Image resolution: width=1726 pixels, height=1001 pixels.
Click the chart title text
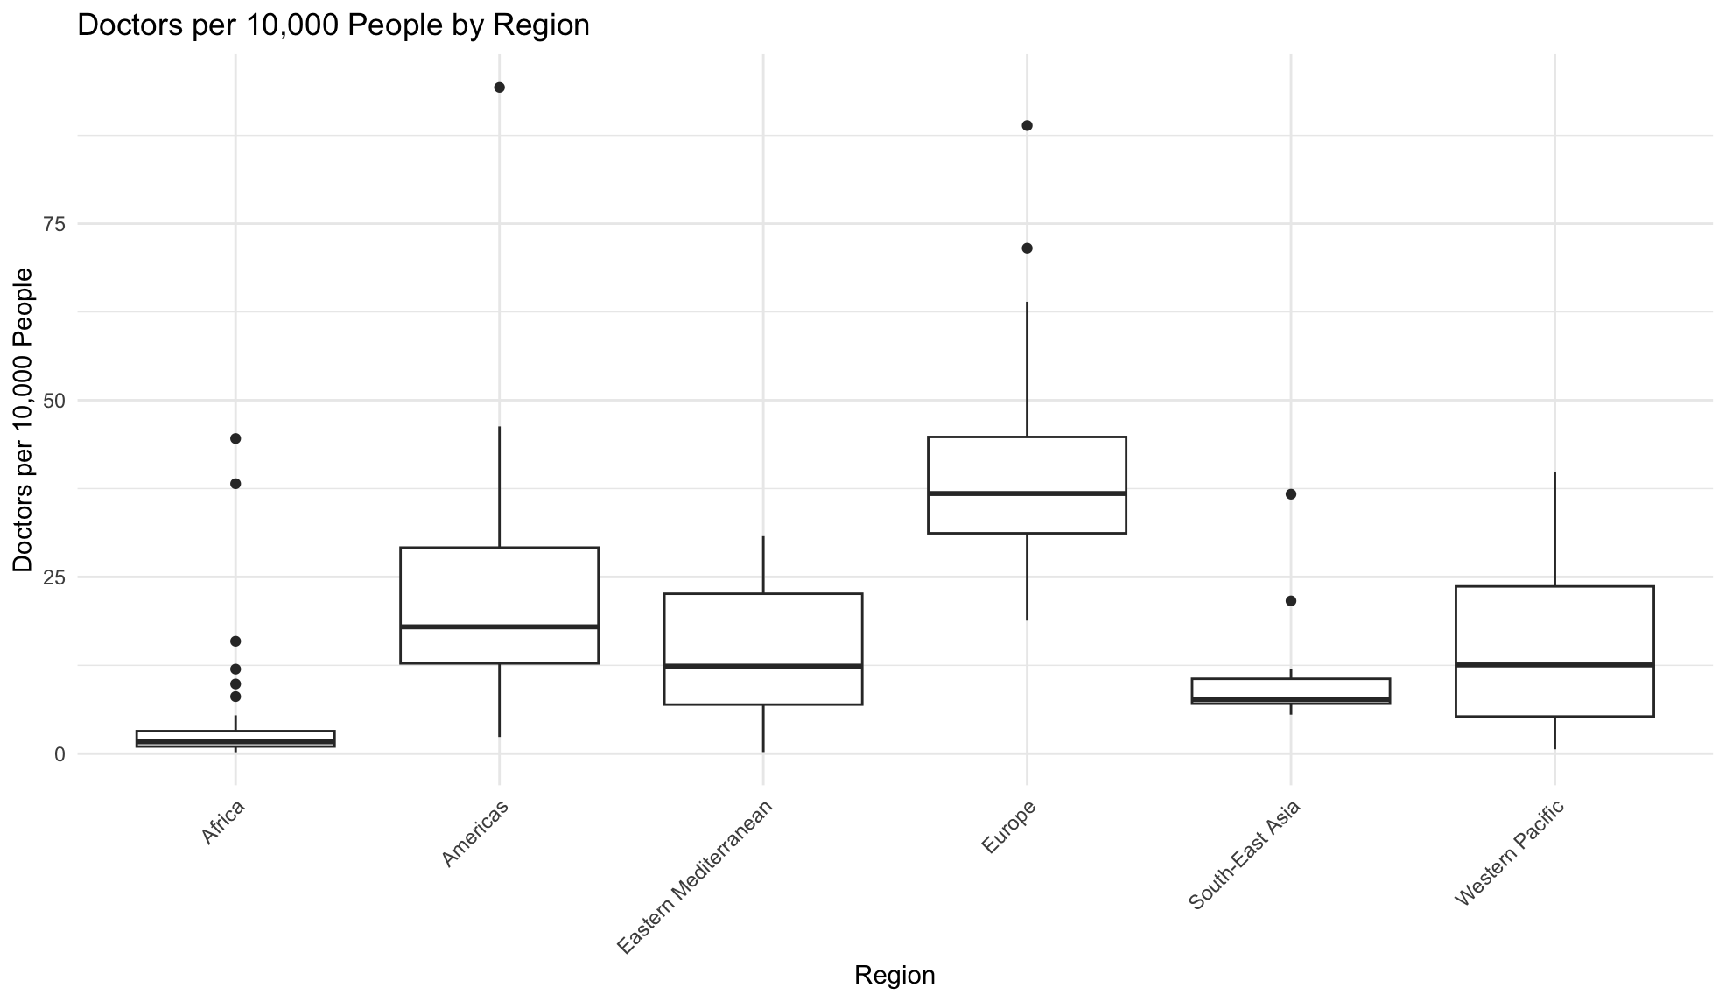click(333, 25)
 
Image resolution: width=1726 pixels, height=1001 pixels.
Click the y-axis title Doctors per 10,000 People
click(24, 420)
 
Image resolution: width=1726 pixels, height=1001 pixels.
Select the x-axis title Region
click(895, 975)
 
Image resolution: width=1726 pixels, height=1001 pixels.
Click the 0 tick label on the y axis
click(60, 754)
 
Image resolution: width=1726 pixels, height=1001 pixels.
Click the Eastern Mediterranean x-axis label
click(696, 877)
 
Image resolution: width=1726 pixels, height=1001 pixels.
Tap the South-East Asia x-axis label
click(1245, 855)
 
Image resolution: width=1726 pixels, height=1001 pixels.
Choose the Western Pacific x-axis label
click(1508, 854)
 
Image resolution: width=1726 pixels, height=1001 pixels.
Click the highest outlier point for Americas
click(499, 87)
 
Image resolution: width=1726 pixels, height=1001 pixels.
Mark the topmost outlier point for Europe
click(1027, 125)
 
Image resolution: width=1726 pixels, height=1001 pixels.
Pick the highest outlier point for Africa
click(235, 438)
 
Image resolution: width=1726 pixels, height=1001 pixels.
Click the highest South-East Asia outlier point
click(1291, 494)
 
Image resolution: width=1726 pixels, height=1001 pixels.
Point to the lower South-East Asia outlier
click(1291, 601)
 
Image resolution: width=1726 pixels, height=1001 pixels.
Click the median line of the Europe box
click(1027, 493)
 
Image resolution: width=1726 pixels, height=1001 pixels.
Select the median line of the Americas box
click(499, 626)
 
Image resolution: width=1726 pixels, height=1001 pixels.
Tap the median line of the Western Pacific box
click(1554, 665)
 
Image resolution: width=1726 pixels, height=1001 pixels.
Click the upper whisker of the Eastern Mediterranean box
click(763, 564)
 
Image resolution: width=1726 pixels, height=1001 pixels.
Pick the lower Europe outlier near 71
click(1027, 248)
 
